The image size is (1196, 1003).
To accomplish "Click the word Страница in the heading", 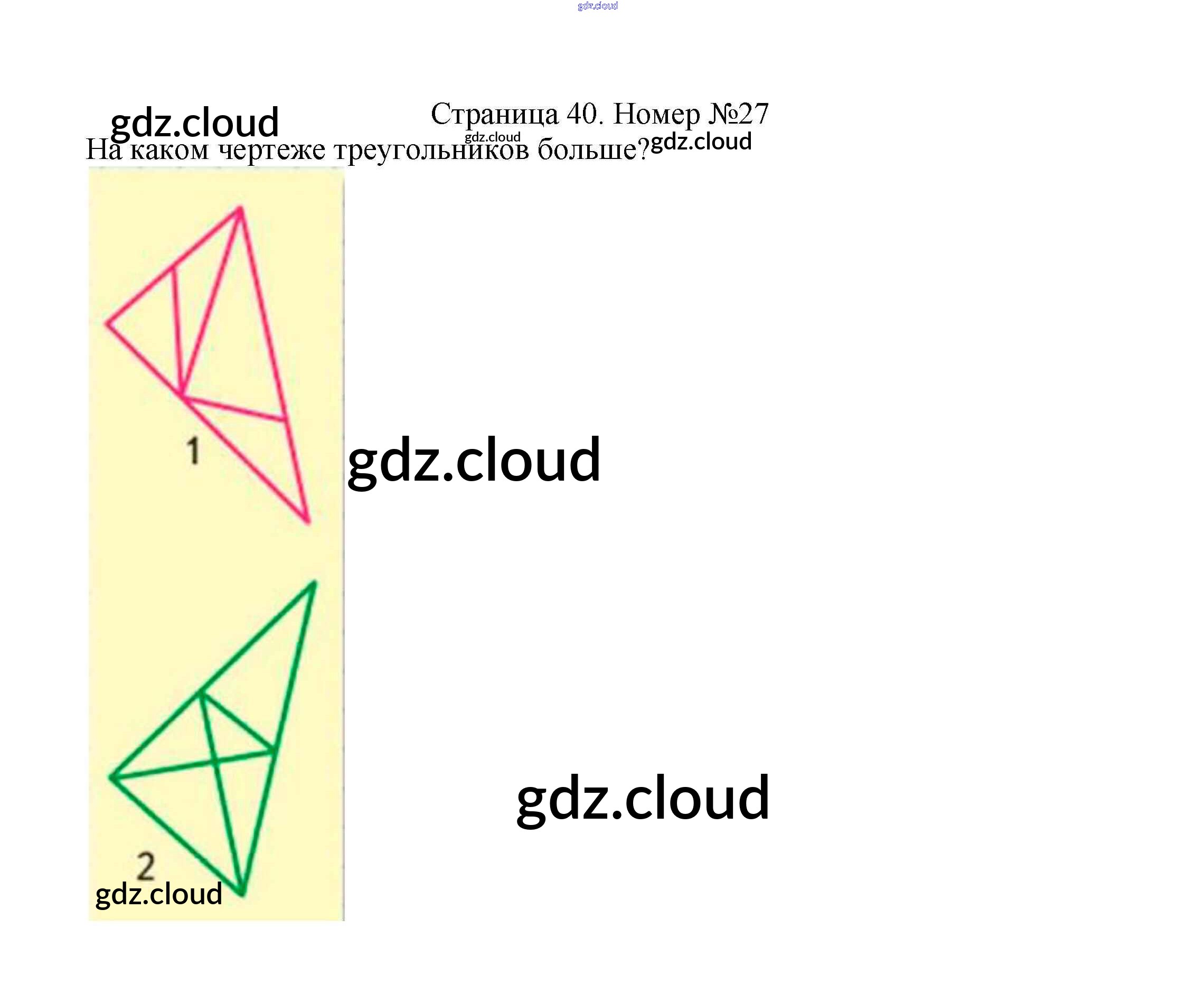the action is point(494,115).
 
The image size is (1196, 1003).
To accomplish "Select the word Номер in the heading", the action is point(657,115).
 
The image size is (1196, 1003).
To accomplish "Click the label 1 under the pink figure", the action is point(194,451).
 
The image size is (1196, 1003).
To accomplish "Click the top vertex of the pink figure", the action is point(240,208).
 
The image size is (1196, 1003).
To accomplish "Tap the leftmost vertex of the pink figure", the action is point(107,324).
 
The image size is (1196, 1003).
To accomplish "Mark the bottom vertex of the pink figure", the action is point(309,522).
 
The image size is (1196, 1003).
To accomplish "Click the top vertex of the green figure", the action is point(315,582).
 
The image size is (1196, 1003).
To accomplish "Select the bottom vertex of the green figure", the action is point(242,895).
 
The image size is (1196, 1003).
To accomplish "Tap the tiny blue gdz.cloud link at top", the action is point(597,6).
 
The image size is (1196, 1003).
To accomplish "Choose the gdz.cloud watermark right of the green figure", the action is point(643,799).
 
